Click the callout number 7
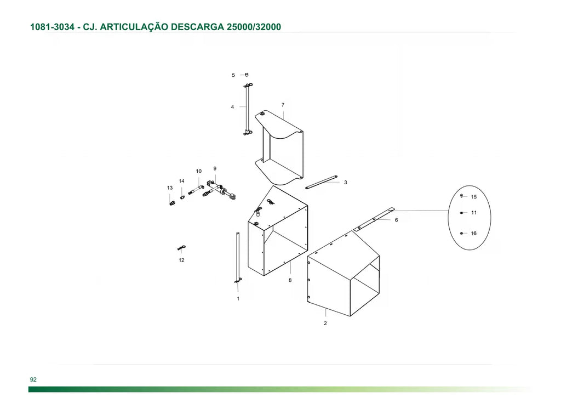click(283, 105)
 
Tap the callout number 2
click(325, 324)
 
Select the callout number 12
click(181, 260)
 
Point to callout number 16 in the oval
click(474, 234)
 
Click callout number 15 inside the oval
click(474, 197)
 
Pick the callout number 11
click(474, 213)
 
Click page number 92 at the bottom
click(33, 379)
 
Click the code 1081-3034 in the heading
click(52, 27)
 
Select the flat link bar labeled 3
click(321, 182)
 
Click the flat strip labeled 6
click(374, 219)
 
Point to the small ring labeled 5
click(247, 75)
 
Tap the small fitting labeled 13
click(172, 203)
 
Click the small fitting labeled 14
click(182, 197)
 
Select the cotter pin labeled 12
click(181, 248)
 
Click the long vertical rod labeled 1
click(238, 256)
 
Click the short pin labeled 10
click(196, 189)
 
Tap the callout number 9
click(215, 168)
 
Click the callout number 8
click(290, 280)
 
